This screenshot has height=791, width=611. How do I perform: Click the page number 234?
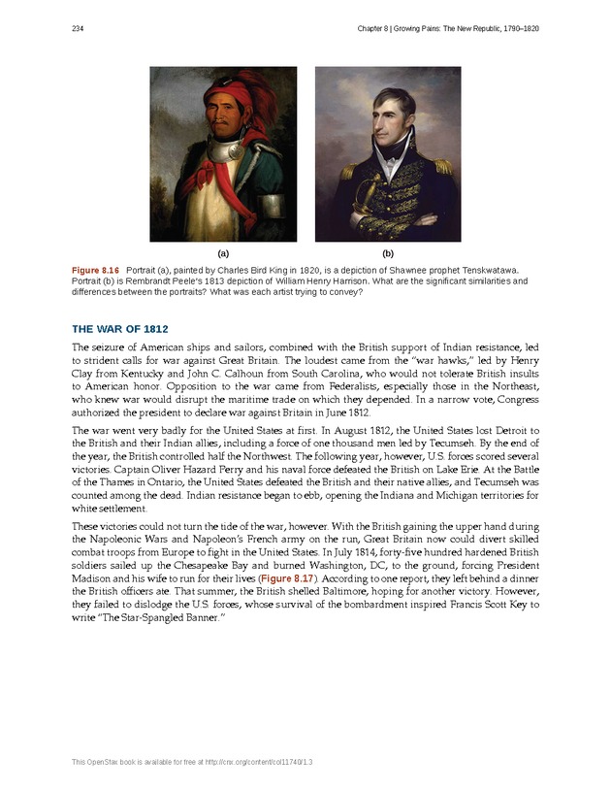coord(77,29)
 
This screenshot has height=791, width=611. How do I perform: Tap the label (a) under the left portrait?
coord(223,251)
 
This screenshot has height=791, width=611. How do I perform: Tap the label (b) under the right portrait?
coord(388,251)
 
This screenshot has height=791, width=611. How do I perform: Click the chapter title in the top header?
coord(442,29)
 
